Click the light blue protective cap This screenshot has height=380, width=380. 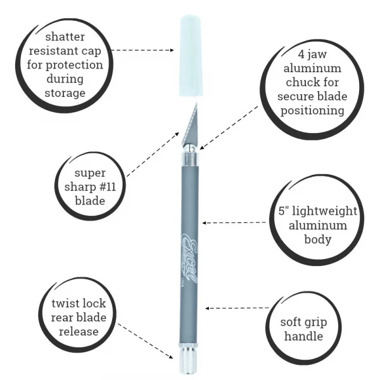(190, 56)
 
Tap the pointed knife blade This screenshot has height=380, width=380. (191, 123)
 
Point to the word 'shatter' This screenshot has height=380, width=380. (65, 37)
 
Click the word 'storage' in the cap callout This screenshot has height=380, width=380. (65, 93)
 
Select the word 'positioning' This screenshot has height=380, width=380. (312, 110)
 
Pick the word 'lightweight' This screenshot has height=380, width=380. (324, 211)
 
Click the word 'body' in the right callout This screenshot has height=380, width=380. (318, 239)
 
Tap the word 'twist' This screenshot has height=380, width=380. (65, 303)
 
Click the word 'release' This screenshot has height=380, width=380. (79, 332)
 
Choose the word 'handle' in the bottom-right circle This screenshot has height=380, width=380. (303, 336)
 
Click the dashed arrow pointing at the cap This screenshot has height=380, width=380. (142, 50)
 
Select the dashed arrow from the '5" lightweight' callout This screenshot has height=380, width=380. (234, 223)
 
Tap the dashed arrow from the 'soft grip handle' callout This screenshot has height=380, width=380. (237, 308)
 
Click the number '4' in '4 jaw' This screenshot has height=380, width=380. (301, 54)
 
